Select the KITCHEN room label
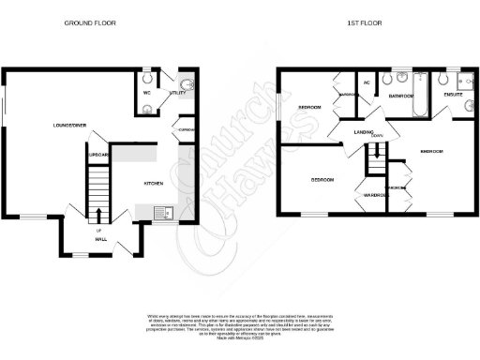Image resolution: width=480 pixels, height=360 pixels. tap(154, 184)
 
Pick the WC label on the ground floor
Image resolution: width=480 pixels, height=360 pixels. tap(147, 94)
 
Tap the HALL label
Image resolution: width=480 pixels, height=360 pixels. tap(98, 239)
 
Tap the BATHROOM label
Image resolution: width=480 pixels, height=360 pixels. tap(402, 96)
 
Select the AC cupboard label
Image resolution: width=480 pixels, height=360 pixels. tap(367, 82)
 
